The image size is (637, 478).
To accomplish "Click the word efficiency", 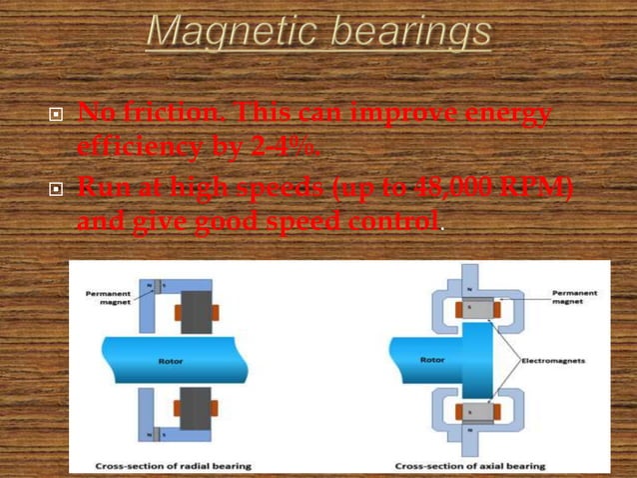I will pyautogui.click(x=129, y=149).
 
